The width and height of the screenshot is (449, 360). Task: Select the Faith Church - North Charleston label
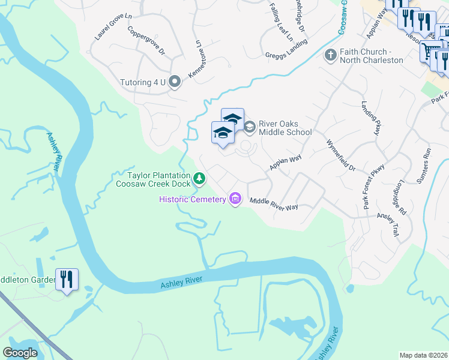(x=372, y=56)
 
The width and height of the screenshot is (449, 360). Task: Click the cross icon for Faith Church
(x=330, y=56)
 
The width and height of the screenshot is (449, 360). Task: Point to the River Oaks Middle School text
(x=285, y=128)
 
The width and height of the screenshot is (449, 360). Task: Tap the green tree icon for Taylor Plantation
(x=199, y=179)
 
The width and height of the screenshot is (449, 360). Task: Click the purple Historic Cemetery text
(x=191, y=199)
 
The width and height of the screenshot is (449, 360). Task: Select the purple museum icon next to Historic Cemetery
(x=235, y=199)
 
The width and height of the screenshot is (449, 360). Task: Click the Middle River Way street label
(x=274, y=204)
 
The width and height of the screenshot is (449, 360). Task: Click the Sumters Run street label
(x=427, y=160)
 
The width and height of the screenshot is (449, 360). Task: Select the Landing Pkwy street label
(x=372, y=117)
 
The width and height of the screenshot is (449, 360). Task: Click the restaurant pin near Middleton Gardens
(x=67, y=280)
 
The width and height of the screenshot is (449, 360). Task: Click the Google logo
(x=20, y=353)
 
